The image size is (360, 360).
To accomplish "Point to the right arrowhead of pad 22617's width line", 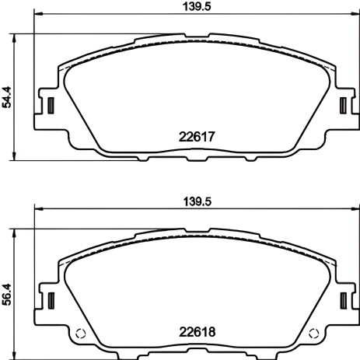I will pos(355,16).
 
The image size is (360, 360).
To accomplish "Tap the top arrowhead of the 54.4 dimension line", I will pos(17,37).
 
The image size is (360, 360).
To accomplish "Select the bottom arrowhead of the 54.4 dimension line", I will pos(17,159).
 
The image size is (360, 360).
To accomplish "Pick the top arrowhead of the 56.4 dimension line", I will pos(17,231).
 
